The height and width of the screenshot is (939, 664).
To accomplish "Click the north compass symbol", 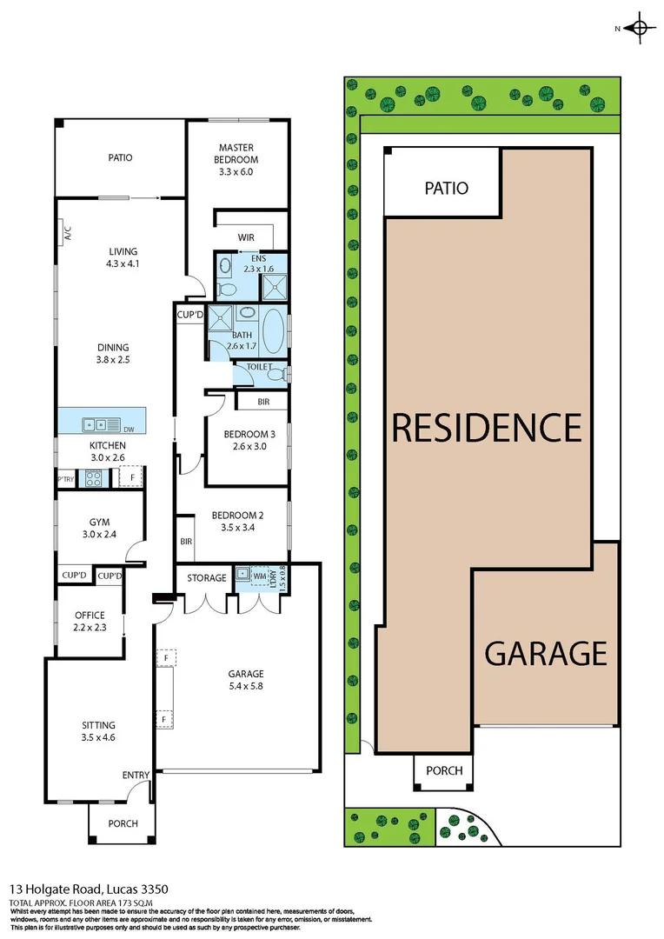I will tap(641, 28).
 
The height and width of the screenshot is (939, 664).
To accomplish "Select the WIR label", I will tap(246, 237).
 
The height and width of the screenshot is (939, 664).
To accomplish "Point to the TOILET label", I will tap(260, 368).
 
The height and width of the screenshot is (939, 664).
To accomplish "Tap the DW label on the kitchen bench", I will tap(129, 429).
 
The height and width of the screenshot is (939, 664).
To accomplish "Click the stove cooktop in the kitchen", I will tap(91, 477).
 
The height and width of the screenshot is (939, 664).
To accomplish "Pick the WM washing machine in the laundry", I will tap(259, 576).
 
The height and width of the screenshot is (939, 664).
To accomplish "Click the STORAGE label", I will tap(208, 577).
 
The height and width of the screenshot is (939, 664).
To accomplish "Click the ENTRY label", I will tap(136, 776).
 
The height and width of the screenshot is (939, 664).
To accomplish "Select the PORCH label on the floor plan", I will tap(123, 823).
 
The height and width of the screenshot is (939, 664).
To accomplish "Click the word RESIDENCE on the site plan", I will tap(487, 427).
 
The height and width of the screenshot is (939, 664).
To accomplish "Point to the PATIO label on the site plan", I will tap(446, 188).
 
